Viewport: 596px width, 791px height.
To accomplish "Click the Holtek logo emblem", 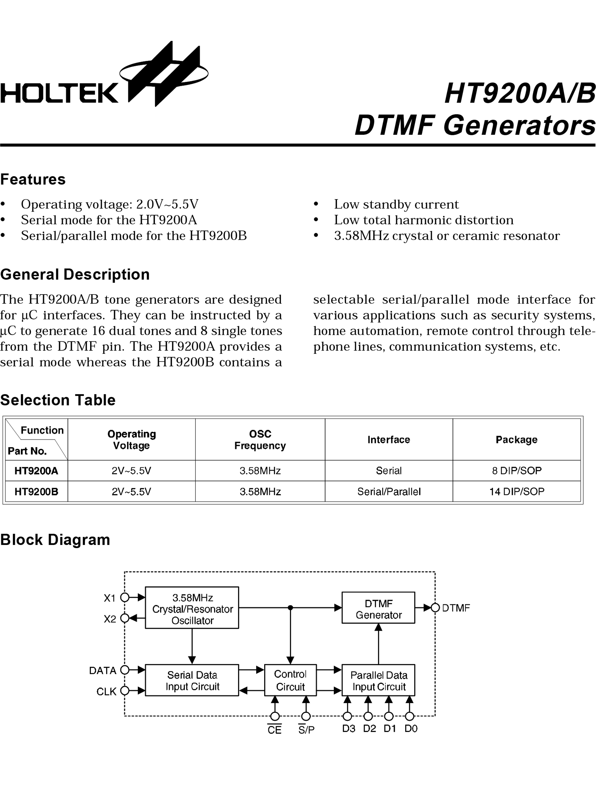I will click(164, 74).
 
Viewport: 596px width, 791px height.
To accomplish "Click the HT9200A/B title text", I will click(519, 94).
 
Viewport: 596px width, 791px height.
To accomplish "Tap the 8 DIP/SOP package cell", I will click(516, 471).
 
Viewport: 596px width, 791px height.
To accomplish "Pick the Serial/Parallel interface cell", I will click(389, 492).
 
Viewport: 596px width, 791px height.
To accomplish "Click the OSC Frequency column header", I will click(260, 439).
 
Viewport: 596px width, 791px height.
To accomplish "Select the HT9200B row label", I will click(37, 492).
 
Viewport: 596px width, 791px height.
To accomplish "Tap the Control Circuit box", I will click(290, 680).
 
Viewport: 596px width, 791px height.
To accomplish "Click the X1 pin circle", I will click(125, 597).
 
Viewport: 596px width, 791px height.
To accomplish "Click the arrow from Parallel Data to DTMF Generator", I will click(378, 644).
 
